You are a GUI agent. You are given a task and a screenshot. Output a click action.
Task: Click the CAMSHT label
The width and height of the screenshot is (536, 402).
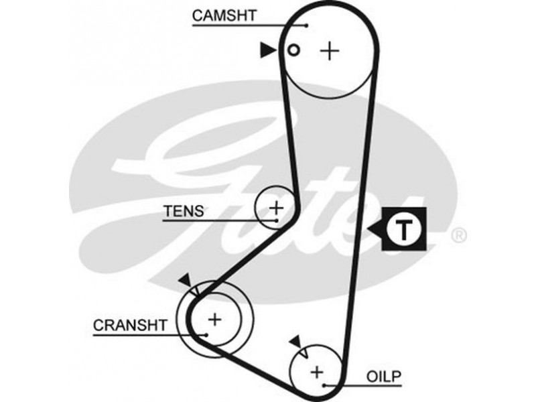point(224,15)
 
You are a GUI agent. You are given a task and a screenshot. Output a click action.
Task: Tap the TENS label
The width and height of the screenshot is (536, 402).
point(183,210)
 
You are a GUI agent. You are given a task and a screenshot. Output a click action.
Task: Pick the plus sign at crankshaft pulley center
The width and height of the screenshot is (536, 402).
point(214,320)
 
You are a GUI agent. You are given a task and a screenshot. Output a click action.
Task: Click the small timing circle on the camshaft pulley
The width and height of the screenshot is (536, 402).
point(292,50)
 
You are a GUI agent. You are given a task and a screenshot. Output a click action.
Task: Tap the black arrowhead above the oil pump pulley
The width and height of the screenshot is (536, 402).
point(294,342)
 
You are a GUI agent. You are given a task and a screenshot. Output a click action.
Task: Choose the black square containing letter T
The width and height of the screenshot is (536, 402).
point(405,230)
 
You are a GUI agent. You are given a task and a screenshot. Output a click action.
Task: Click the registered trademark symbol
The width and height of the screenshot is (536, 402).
point(458,234)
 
